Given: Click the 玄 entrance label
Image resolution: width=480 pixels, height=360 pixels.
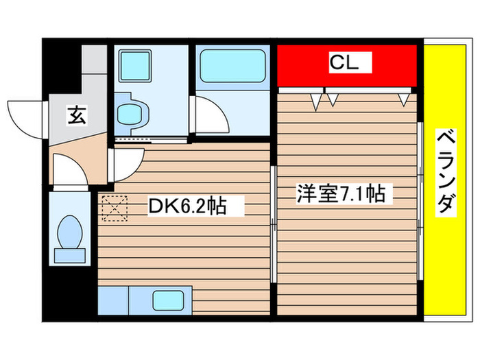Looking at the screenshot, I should (x=76, y=116).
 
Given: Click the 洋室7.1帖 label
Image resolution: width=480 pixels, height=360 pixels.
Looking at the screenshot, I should (x=340, y=194).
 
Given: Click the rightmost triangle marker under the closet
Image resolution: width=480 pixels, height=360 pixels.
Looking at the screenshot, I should (x=405, y=100).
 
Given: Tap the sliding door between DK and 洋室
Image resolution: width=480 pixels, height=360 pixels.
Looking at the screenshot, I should (x=274, y=226).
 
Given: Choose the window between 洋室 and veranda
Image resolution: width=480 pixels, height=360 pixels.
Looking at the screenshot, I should (x=419, y=206).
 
